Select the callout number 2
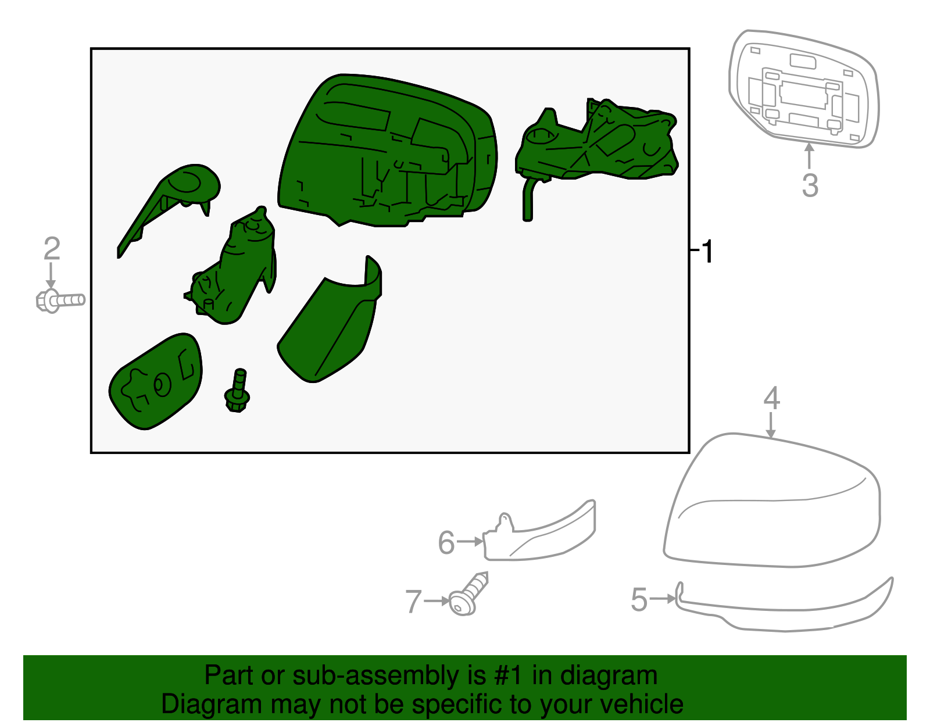tap(52, 248)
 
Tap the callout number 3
tap(810, 185)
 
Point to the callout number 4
tap(772, 398)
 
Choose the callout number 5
tap(639, 599)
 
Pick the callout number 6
tap(446, 542)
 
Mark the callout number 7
tap(413, 601)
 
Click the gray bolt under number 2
tap(60, 301)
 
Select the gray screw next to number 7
tap(468, 594)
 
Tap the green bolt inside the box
tap(238, 390)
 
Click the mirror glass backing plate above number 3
tap(803, 89)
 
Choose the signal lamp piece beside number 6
tap(539, 531)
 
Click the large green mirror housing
tap(387, 150)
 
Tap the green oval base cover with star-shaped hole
tap(155, 381)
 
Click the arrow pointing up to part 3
tap(809, 156)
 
